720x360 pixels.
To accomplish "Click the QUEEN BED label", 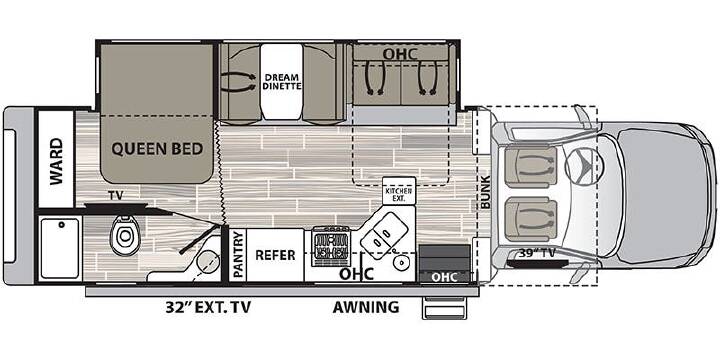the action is click(x=157, y=149).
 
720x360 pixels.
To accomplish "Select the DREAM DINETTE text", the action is click(x=282, y=81).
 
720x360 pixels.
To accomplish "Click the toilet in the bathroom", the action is click(x=124, y=235).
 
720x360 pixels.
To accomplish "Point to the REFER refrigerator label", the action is click(x=275, y=255).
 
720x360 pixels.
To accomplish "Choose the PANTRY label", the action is click(x=238, y=254).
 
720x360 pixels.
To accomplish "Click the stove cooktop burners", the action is click(x=331, y=247).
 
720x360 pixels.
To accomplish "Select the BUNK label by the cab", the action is click(x=486, y=192).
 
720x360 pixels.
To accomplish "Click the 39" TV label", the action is click(x=537, y=253).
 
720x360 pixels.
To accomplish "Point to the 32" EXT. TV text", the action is click(x=208, y=307).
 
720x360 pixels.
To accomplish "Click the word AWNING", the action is click(x=366, y=307).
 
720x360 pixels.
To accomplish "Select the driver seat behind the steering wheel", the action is click(x=531, y=167).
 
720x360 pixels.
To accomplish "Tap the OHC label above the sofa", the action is click(x=400, y=54).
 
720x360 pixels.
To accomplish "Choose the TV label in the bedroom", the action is click(x=116, y=196).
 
